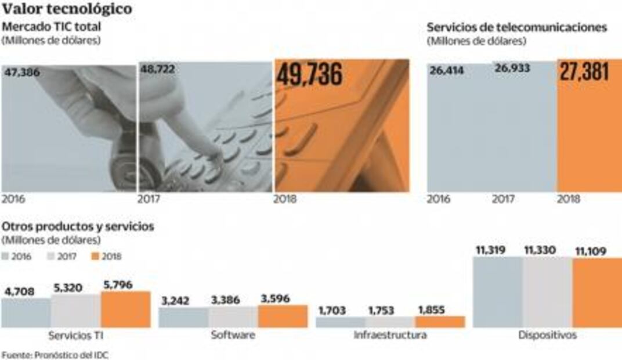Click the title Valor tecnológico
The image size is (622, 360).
[67, 9]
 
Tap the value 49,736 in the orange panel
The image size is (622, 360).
[309, 75]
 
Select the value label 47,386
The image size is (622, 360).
[25, 72]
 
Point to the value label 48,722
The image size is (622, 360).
[157, 69]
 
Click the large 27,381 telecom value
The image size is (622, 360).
[584, 72]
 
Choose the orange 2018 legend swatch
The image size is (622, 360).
[97, 256]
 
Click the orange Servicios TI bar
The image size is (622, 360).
[125, 309]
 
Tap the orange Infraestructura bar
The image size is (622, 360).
[440, 322]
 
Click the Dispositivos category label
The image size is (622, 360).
[547, 336]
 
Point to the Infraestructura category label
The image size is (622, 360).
[390, 336]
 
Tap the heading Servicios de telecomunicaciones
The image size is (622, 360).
[517, 27]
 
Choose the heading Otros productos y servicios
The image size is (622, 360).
[78, 226]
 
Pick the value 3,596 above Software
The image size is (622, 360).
[274, 298]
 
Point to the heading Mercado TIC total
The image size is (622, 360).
[52, 26]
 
